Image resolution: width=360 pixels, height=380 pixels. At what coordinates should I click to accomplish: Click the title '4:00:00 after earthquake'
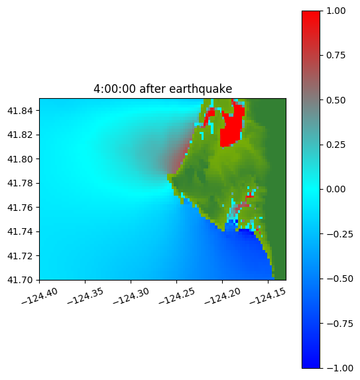point(163,89)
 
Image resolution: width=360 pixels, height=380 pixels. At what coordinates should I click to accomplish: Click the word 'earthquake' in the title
point(201,89)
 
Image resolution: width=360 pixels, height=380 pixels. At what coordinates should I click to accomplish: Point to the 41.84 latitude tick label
point(20,111)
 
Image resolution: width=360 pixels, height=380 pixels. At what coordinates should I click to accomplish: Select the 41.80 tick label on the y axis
point(20,159)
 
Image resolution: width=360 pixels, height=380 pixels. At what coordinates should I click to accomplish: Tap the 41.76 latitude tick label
point(20,208)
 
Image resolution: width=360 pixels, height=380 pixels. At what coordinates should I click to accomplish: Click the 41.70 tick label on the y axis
point(20,280)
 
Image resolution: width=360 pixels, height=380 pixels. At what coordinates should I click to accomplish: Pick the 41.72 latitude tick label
point(20,256)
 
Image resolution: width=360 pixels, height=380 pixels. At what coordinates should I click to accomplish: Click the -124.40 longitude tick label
point(40,296)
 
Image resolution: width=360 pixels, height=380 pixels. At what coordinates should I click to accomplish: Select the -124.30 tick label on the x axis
point(131,296)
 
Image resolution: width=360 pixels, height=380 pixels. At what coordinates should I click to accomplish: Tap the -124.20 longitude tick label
point(222,296)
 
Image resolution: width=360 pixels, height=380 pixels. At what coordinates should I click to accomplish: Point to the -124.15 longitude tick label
point(268,296)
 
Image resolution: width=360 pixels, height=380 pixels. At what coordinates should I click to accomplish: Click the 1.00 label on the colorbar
point(335,11)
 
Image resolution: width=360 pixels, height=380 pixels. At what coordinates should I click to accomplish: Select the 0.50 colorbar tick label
point(335,100)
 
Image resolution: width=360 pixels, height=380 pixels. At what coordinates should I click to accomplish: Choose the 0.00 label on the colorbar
point(335,189)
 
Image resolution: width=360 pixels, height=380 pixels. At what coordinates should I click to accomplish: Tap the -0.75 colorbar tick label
point(339,324)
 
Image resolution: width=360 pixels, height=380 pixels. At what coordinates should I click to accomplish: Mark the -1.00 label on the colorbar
point(339,368)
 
